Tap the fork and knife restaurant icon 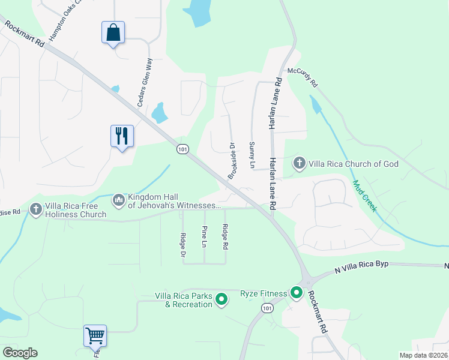click(x=122, y=136)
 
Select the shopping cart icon click(x=95, y=336)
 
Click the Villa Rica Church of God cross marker click(x=299, y=163)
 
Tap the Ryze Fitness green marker click(x=296, y=293)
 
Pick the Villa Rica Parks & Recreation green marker click(x=221, y=298)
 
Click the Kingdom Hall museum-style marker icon click(x=119, y=199)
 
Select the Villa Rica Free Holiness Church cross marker click(x=36, y=208)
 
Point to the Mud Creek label click(x=364, y=196)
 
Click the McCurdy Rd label click(x=301, y=76)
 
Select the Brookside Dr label click(x=231, y=160)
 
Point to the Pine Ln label click(x=204, y=236)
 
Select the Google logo click(x=20, y=353)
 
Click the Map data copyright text click(x=423, y=355)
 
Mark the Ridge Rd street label click(x=225, y=236)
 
